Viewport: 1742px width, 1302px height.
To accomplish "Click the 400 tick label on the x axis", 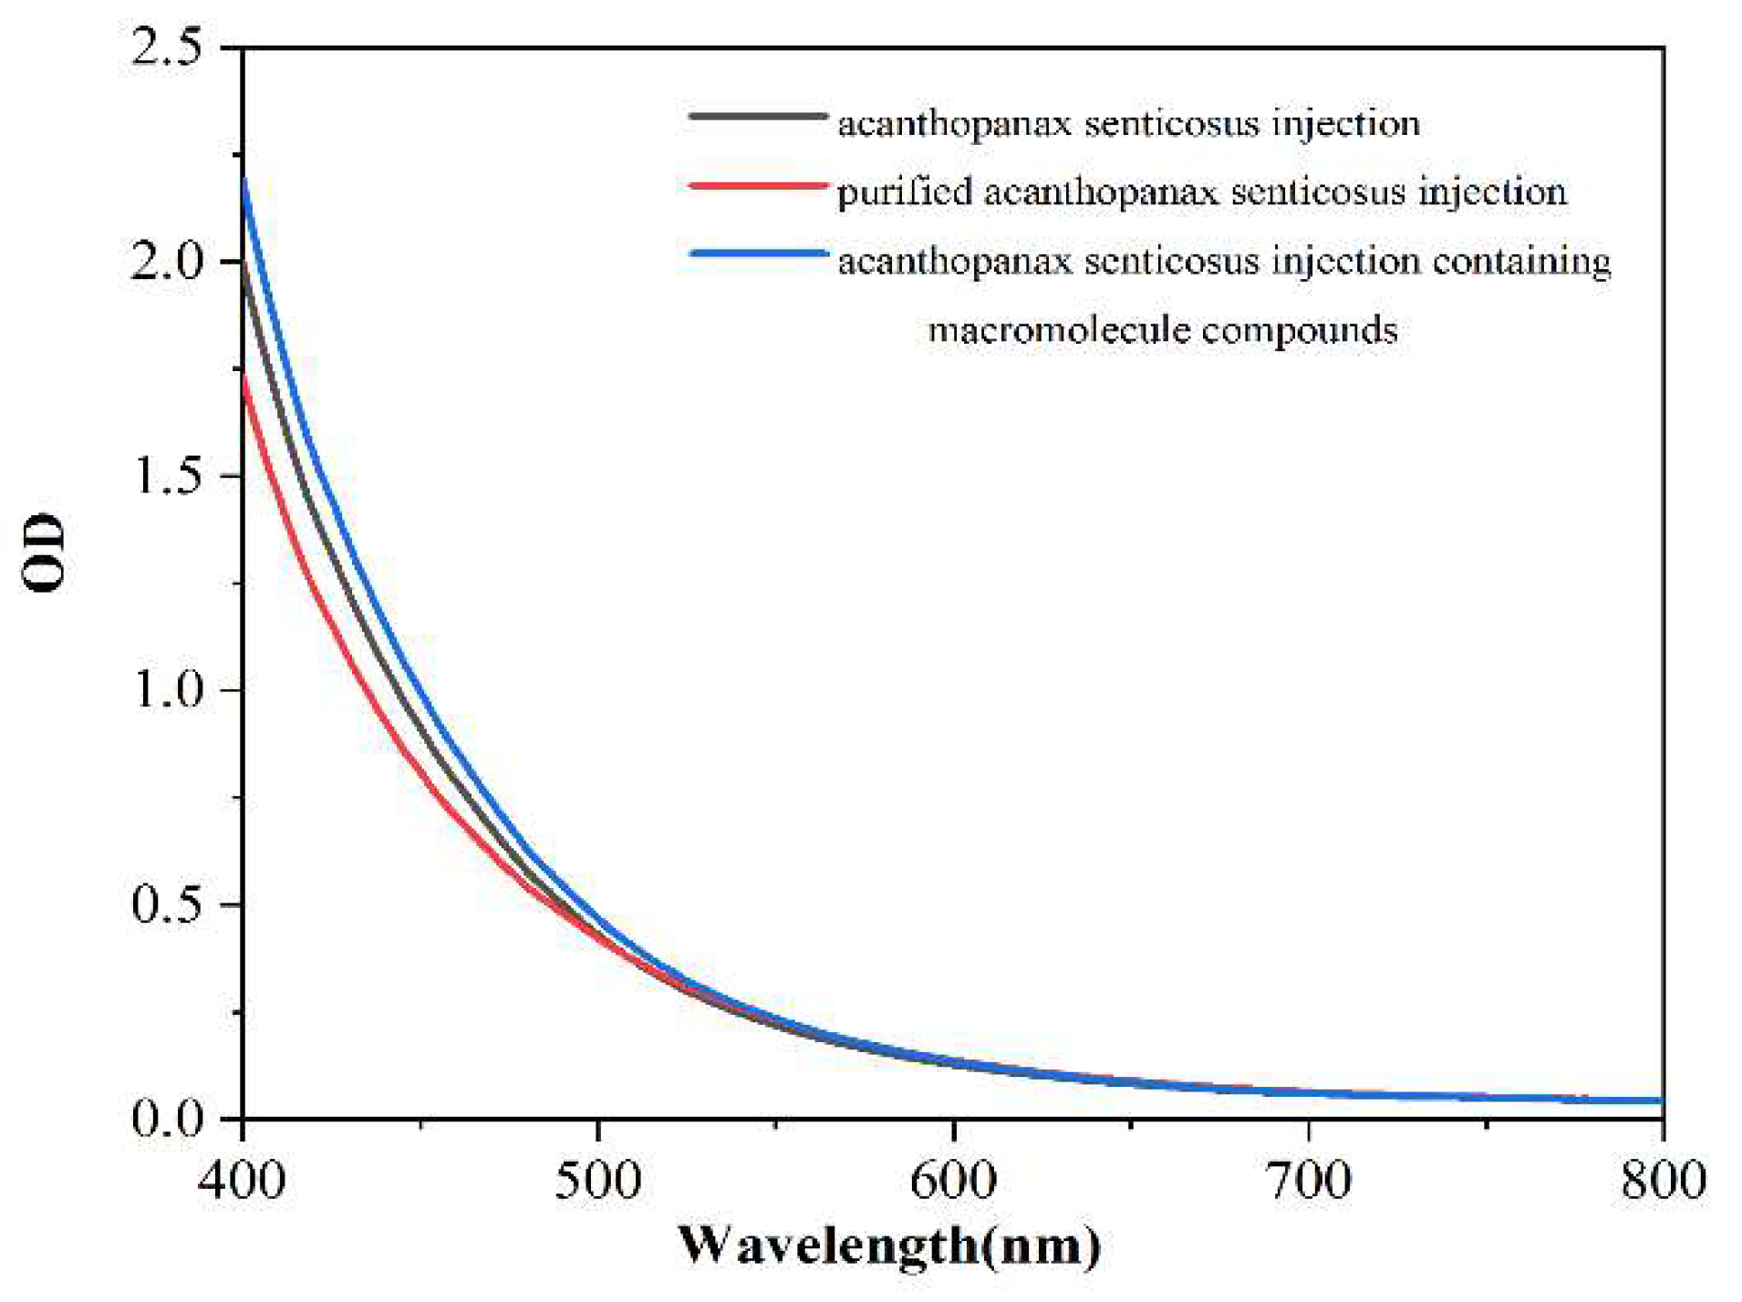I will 242,1180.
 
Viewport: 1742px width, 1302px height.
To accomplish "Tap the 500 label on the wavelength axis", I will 597,1180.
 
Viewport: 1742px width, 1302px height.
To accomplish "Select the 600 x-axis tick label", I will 953,1180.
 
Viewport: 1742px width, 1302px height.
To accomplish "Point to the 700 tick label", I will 1309,1180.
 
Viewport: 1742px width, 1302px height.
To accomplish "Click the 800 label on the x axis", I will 1663,1180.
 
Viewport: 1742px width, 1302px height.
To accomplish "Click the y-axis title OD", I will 44,554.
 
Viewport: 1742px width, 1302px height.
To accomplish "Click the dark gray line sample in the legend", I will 757,117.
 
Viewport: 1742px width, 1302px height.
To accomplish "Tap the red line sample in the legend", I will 757,186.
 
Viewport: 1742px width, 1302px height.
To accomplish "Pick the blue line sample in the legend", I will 757,254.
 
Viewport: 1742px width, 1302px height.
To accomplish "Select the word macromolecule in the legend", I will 1058,329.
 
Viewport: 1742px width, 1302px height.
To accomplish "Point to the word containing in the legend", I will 1520,263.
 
